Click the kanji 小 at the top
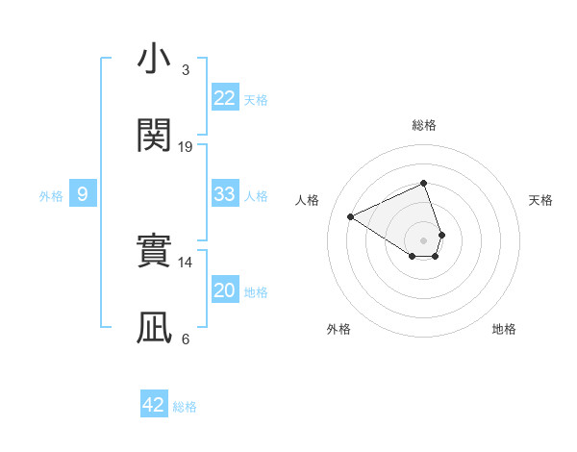click(x=154, y=61)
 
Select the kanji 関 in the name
click(x=154, y=137)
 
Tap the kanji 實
click(x=154, y=253)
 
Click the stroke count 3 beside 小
click(x=185, y=69)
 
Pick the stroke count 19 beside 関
click(x=186, y=146)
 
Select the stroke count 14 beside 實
click(x=186, y=262)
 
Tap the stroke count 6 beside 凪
click(x=185, y=339)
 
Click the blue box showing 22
click(x=224, y=98)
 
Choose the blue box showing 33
click(x=224, y=194)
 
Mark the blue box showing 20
click(x=224, y=290)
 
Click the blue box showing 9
click(x=83, y=194)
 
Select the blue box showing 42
click(x=154, y=405)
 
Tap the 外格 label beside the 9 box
click(x=51, y=196)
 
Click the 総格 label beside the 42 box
click(x=185, y=407)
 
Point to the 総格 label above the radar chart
click(x=424, y=126)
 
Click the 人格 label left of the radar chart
click(x=308, y=200)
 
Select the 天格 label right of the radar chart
click(x=540, y=200)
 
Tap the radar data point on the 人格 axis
click(x=351, y=216)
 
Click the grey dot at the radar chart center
click(x=423, y=239)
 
